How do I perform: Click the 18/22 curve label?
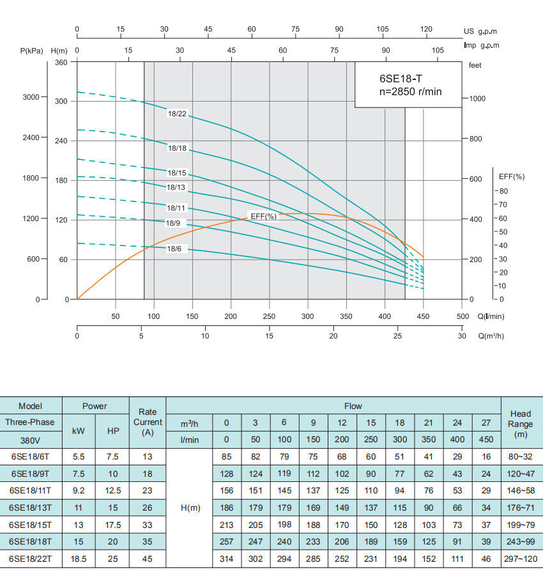point(177,114)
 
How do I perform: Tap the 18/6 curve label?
point(174,249)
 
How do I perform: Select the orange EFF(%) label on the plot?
point(264,216)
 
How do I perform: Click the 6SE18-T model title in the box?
point(401,79)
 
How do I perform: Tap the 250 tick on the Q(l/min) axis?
point(270,316)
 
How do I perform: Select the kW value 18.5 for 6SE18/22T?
point(79,559)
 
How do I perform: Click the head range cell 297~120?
point(521,559)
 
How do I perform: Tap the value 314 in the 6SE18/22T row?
point(226,559)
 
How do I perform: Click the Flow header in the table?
point(353,406)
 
